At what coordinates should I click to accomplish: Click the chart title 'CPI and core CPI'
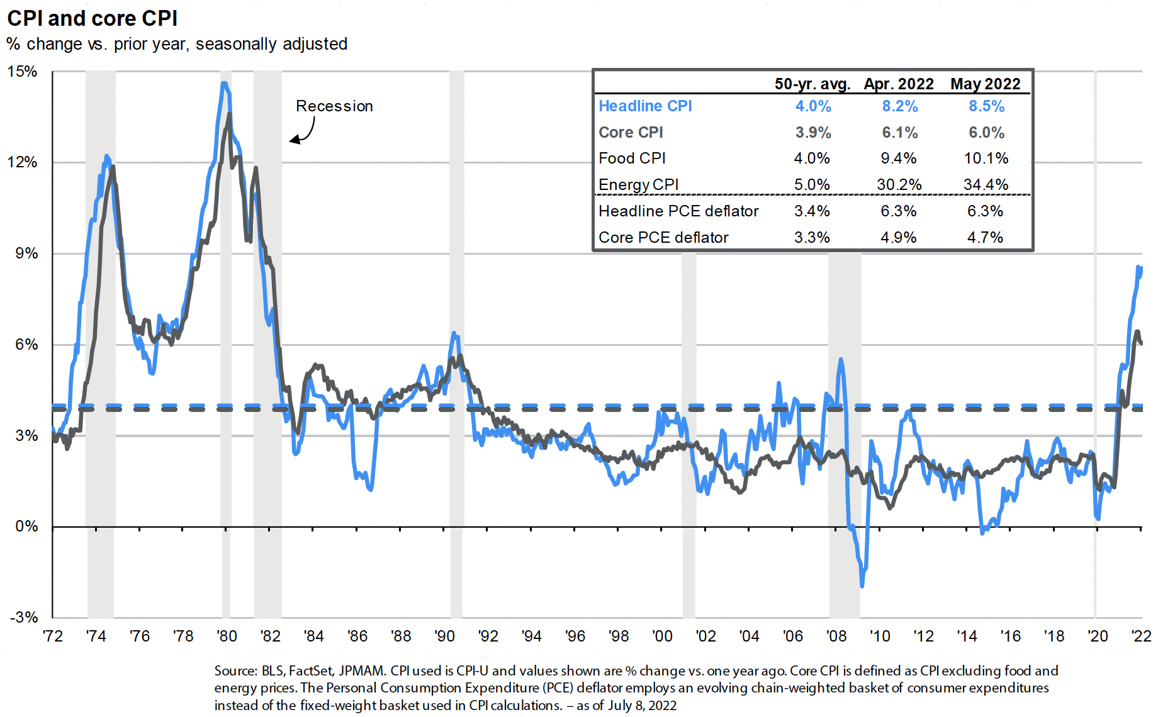pos(92,18)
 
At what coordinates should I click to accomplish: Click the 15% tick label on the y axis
pos(23,72)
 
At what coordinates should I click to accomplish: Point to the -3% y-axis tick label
pos(24,617)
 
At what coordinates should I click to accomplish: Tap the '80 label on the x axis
pos(227,636)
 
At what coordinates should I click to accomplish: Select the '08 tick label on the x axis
pos(836,636)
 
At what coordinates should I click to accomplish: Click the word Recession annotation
pos(334,106)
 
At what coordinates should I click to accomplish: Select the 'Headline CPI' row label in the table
pos(645,106)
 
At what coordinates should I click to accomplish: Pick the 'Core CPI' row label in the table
pos(631,133)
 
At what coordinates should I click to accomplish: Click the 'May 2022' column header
pos(985,84)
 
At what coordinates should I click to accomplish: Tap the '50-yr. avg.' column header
pos(812,84)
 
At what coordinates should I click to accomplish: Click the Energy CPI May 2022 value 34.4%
pos(986,185)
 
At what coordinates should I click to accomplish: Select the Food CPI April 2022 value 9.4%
pos(899,158)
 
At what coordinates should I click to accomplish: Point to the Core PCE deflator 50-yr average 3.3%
pos(812,238)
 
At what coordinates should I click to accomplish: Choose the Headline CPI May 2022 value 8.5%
pos(986,106)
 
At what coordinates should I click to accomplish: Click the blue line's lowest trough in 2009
pos(862,586)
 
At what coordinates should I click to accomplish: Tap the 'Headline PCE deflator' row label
pos(678,211)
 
